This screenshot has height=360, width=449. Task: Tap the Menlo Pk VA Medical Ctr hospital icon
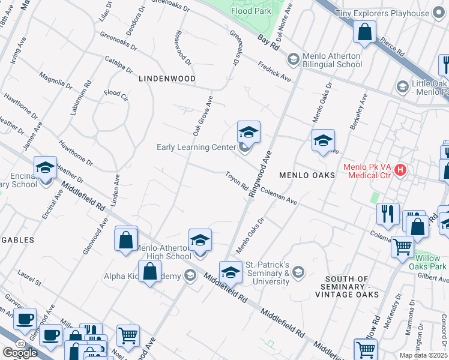pos(400,171)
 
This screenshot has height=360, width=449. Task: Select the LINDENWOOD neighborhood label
pos(167,79)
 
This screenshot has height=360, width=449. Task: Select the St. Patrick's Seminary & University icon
pos(298,272)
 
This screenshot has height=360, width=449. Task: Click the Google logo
pos(19,353)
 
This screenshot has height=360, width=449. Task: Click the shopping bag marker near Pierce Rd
pos(365,32)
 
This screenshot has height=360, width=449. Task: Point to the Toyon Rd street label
pos(237,182)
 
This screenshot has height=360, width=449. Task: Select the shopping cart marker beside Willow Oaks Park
pos(402,246)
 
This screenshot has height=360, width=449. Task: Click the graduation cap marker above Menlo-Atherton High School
pos(200,240)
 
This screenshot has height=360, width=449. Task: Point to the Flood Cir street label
pos(116,94)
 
